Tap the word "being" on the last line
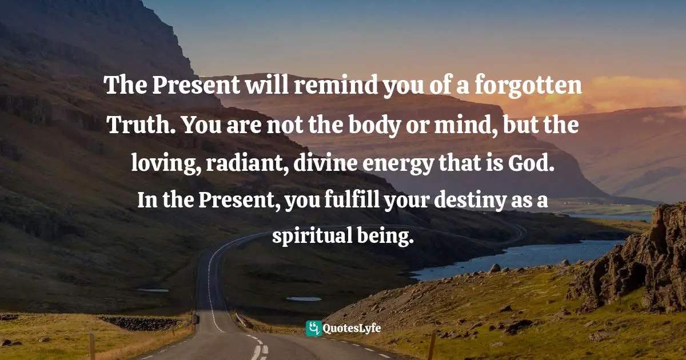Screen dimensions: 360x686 click(x=390, y=237)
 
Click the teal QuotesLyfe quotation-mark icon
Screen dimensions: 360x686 click(x=313, y=328)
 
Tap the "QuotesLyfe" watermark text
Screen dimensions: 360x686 click(x=352, y=329)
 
